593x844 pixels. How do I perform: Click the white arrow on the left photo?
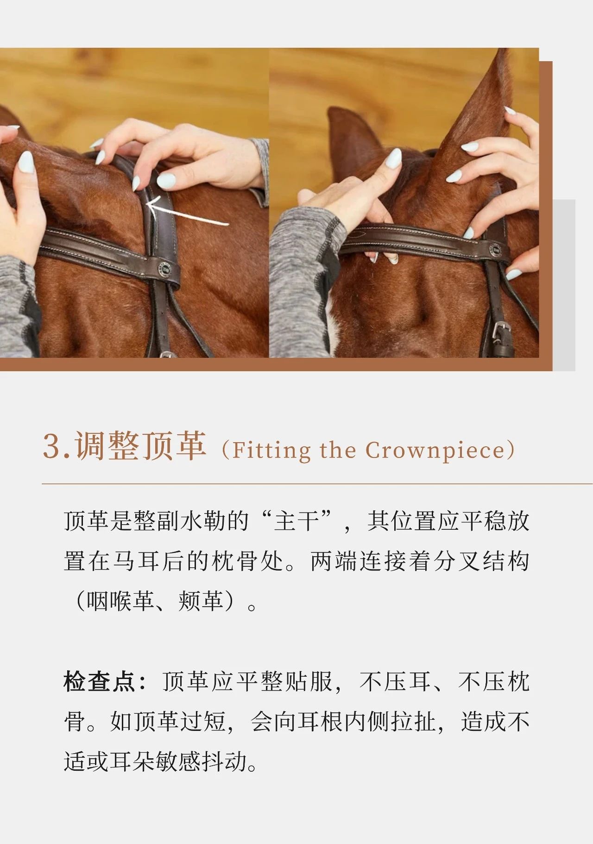(x=187, y=212)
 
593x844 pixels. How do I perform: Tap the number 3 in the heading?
(x=51, y=446)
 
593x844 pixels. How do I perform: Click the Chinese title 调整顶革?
(x=140, y=446)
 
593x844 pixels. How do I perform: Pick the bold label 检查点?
(x=99, y=682)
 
